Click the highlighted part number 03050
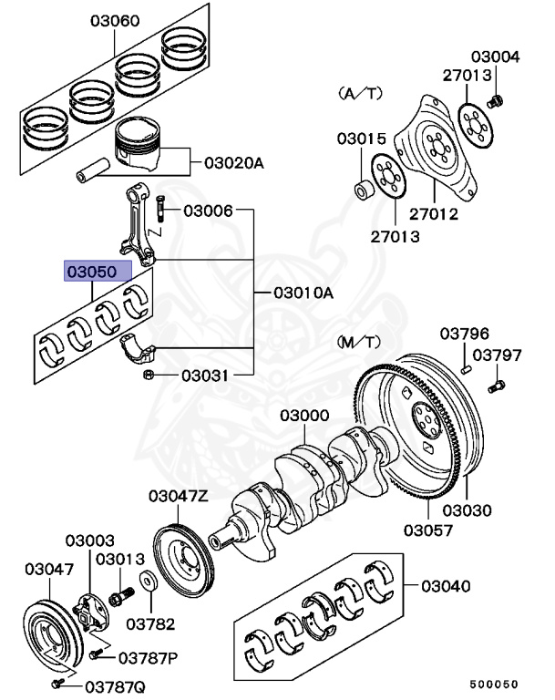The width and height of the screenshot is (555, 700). coord(97,272)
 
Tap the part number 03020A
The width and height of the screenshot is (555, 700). coord(233,163)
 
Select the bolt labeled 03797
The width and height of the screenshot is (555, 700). coord(496,387)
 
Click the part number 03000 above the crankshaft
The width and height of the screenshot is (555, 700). coord(304,415)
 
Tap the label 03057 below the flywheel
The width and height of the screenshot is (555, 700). coord(429,530)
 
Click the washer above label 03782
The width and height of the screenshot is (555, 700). coord(147,581)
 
